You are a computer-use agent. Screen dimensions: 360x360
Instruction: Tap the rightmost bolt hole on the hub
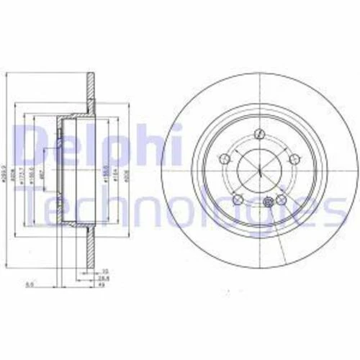(x=293, y=159)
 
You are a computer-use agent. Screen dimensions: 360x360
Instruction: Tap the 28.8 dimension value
(x=104, y=276)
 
